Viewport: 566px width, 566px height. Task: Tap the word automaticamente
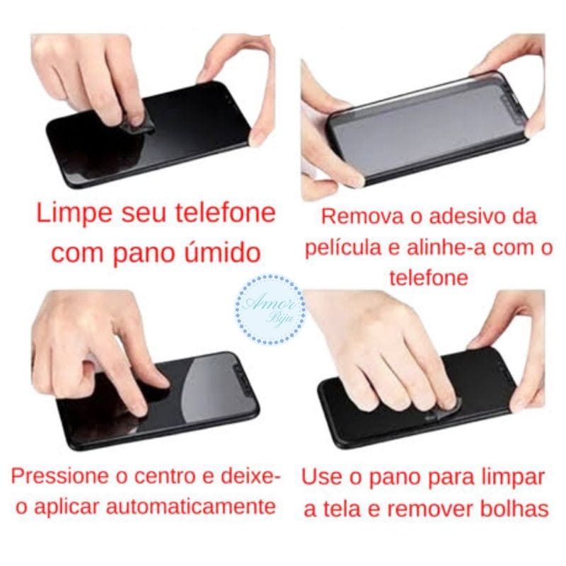pyautogui.click(x=190, y=507)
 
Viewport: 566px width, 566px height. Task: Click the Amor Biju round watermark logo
pyautogui.click(x=270, y=309)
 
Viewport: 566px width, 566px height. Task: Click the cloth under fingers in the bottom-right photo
pyautogui.click(x=444, y=411)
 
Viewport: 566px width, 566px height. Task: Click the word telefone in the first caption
pyautogui.click(x=226, y=213)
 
